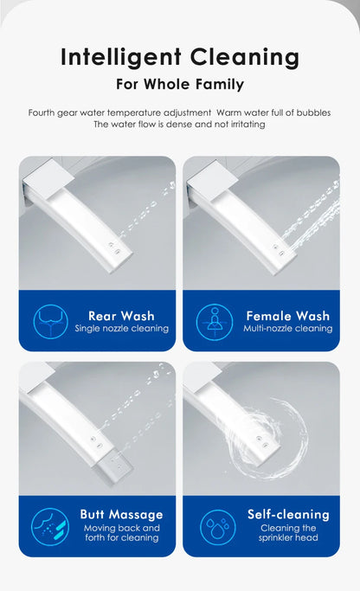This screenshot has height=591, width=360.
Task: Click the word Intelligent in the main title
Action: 121,58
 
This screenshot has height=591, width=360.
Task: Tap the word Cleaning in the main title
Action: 245,58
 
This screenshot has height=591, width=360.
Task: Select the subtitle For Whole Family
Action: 180,84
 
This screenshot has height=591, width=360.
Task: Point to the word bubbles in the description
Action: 313,112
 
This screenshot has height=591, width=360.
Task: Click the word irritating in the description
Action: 247,124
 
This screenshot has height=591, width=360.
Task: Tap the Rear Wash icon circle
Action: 51,322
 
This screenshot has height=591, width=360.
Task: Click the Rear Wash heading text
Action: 121,316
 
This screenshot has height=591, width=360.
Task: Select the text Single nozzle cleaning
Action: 121,328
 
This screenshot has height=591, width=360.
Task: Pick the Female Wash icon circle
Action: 215,322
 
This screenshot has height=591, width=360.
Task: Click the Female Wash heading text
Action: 288,316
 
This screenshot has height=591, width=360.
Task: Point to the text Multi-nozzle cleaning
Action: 288,328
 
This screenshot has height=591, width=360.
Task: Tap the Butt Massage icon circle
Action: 50,527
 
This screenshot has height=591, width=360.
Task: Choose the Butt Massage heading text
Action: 121,515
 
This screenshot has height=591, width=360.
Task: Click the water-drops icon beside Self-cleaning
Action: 218,527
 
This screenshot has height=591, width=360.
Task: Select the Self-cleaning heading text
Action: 288,515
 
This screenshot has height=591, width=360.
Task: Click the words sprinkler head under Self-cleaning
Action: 288,537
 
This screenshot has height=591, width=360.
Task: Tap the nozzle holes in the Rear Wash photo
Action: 114,248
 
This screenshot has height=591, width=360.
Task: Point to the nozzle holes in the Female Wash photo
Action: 279,250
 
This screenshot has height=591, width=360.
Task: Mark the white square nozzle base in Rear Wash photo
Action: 48,179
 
